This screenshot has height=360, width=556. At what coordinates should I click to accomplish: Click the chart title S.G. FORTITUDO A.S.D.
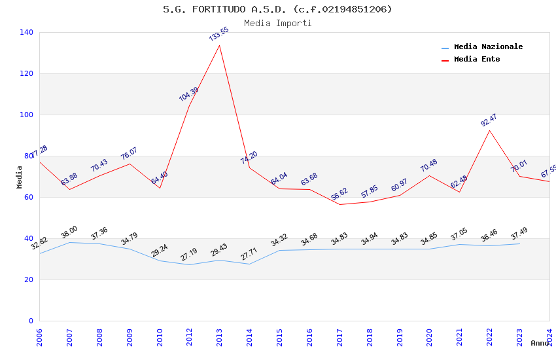(277, 9)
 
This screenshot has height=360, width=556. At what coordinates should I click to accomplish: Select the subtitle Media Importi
(277, 23)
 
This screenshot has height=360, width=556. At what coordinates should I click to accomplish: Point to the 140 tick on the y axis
(27, 32)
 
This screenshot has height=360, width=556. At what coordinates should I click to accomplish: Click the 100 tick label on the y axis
(27, 115)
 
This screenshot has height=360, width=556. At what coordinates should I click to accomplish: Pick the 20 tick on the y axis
(29, 279)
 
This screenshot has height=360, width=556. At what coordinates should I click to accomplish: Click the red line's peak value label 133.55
(219, 34)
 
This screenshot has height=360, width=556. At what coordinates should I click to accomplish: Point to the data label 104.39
(188, 94)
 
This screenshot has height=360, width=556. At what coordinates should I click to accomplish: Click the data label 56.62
(339, 194)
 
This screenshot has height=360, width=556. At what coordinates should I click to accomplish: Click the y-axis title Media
(19, 177)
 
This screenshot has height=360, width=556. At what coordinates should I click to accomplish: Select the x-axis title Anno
(540, 343)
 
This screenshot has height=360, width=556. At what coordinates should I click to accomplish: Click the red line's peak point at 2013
(219, 45)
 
